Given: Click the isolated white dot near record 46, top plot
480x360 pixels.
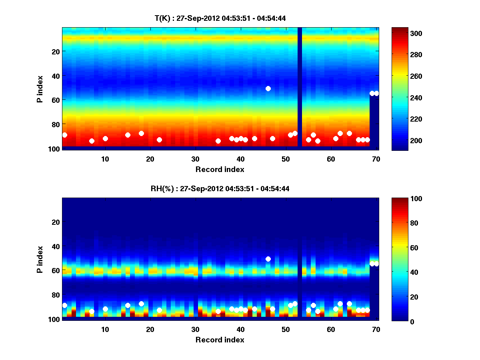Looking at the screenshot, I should pos(268,88).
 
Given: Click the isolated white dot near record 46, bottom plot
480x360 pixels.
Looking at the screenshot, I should pos(268,259).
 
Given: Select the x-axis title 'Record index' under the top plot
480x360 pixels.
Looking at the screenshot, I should pos(220,169).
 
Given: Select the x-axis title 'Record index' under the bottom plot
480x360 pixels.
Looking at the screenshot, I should pos(220,340).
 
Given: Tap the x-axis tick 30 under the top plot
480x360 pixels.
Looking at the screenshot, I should pos(195,159).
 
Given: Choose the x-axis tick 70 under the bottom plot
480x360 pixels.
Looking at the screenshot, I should pos(376,329).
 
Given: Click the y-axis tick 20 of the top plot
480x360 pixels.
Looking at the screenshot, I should pos(56,52).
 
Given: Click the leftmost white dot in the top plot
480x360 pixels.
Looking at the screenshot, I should pos(65,135).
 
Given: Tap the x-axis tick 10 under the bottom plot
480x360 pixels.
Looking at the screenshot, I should pos(105,329).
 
